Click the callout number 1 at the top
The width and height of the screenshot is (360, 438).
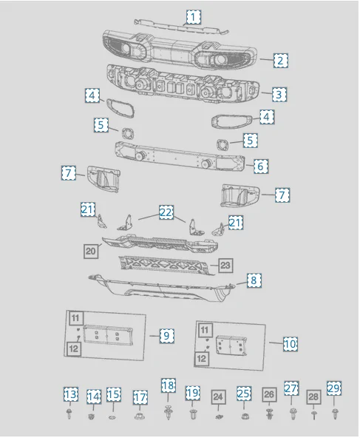pos(193,17)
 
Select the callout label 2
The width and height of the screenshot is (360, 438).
pos(280,61)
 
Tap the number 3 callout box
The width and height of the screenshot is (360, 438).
pos(279,95)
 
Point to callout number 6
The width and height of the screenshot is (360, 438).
pos(260,166)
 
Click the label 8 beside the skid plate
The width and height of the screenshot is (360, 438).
pos(254,280)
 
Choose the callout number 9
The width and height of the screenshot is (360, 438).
pos(166,335)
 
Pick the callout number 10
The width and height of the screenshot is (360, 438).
pos(291,344)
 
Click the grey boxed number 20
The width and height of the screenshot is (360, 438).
pos(91,251)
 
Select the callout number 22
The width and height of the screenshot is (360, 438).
pos(166,212)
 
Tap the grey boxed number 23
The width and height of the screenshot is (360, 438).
pos(225,265)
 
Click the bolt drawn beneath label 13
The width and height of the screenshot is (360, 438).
pos(69,414)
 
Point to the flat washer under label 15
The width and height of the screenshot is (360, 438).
pos(112,417)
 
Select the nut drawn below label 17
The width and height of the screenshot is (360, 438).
pos(140,416)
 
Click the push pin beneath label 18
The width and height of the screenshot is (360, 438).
pos(168,412)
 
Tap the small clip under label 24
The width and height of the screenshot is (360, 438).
pos(219,417)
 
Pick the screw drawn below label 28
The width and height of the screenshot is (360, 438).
pos(313,415)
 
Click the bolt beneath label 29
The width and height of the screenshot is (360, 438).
pos(335,414)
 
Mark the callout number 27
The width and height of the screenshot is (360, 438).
pos(291,388)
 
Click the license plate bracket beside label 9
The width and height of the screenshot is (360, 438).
pos(107,334)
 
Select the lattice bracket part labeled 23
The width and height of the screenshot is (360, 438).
pos(165,266)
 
